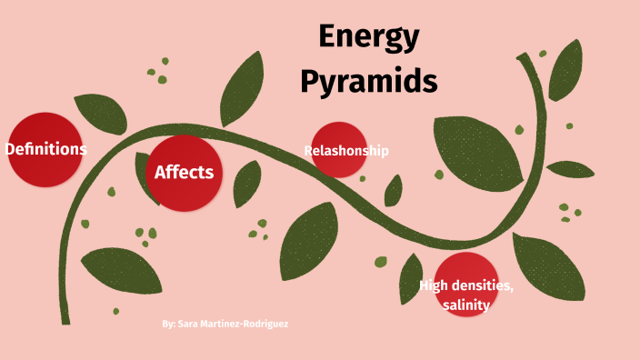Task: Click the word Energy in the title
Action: [368, 38]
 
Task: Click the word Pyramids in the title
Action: [368, 81]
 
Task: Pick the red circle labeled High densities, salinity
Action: [465, 284]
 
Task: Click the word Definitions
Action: [46, 148]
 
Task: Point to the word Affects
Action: [185, 172]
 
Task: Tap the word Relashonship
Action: [346, 151]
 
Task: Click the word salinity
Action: [466, 305]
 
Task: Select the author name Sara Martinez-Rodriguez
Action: [234, 324]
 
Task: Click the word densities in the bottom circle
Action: [484, 287]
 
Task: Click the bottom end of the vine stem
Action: [65, 318]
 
